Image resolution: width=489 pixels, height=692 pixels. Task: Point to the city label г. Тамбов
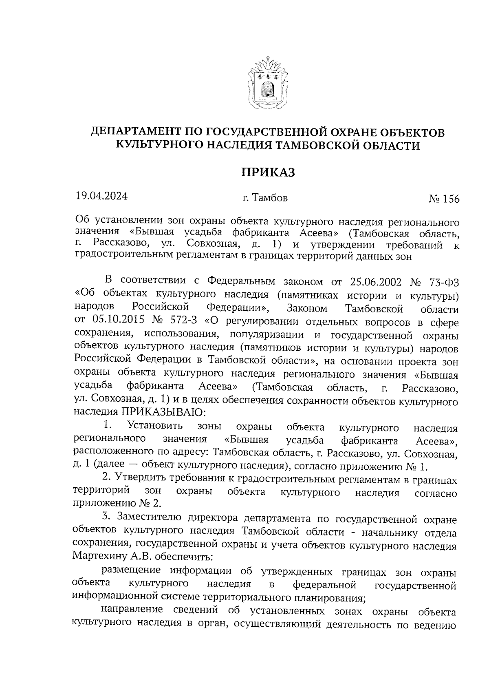point(265,198)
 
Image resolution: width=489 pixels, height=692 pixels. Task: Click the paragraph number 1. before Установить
point(108,425)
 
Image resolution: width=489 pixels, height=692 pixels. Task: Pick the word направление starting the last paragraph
point(131,610)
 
